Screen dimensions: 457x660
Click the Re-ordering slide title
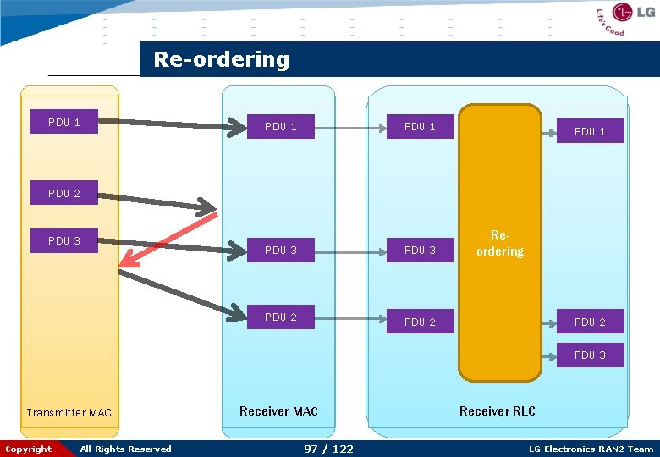click(x=221, y=60)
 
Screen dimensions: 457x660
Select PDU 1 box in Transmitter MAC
click(x=64, y=123)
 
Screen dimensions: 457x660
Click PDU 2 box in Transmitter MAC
click(x=64, y=194)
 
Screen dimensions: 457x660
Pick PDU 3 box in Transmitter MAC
click(x=64, y=241)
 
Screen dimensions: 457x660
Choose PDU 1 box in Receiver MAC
click(x=280, y=127)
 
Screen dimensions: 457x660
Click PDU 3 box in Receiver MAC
click(x=280, y=251)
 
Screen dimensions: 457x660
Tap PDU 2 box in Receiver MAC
click(x=280, y=317)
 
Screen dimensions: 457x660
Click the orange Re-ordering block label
click(x=499, y=244)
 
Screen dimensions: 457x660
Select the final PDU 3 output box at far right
click(x=590, y=355)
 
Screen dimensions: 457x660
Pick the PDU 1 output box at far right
click(x=590, y=132)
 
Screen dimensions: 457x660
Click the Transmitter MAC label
click(x=69, y=413)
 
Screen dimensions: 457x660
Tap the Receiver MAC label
click(x=278, y=411)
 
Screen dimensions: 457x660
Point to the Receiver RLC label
click(x=498, y=411)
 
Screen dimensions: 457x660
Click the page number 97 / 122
click(x=328, y=449)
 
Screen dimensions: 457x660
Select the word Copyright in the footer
click(x=29, y=449)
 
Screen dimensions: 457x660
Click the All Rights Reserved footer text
click(x=125, y=449)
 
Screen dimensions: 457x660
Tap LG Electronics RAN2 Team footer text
click(x=591, y=449)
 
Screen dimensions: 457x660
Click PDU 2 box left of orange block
click(x=420, y=322)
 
